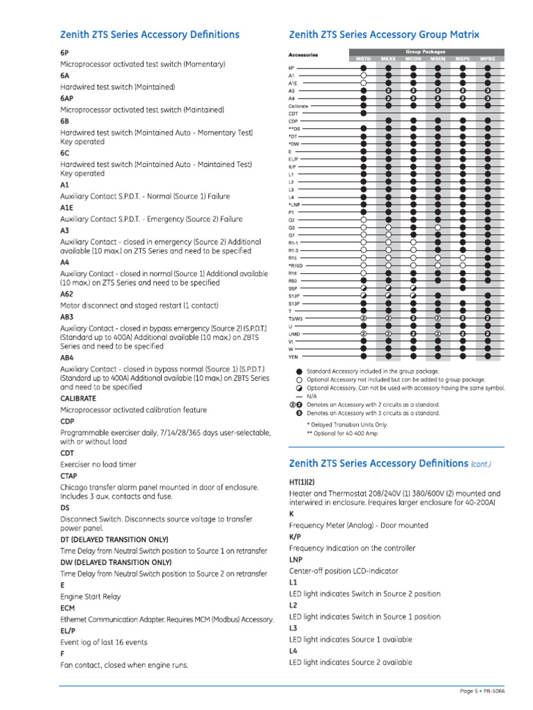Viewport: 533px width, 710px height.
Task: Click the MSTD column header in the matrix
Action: (364, 59)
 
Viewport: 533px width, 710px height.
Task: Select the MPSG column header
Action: (488, 59)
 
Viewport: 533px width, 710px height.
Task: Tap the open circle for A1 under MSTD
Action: (364, 75)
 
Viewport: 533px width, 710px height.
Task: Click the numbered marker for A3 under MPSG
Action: (488, 91)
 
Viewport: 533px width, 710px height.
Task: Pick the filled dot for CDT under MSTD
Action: (364, 113)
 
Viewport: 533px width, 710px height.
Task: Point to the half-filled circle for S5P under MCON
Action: (414, 288)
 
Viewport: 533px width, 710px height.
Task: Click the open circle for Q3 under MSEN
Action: (438, 227)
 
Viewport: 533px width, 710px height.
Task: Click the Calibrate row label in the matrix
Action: (298, 106)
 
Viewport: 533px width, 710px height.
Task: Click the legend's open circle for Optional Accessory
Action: (299, 380)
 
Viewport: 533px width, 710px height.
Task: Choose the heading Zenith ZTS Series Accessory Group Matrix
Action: (384, 35)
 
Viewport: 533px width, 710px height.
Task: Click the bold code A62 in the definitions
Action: (67, 294)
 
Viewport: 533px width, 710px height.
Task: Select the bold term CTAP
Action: (69, 476)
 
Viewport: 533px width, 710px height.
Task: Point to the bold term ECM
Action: (67, 607)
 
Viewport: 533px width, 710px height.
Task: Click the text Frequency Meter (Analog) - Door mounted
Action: (358, 526)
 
